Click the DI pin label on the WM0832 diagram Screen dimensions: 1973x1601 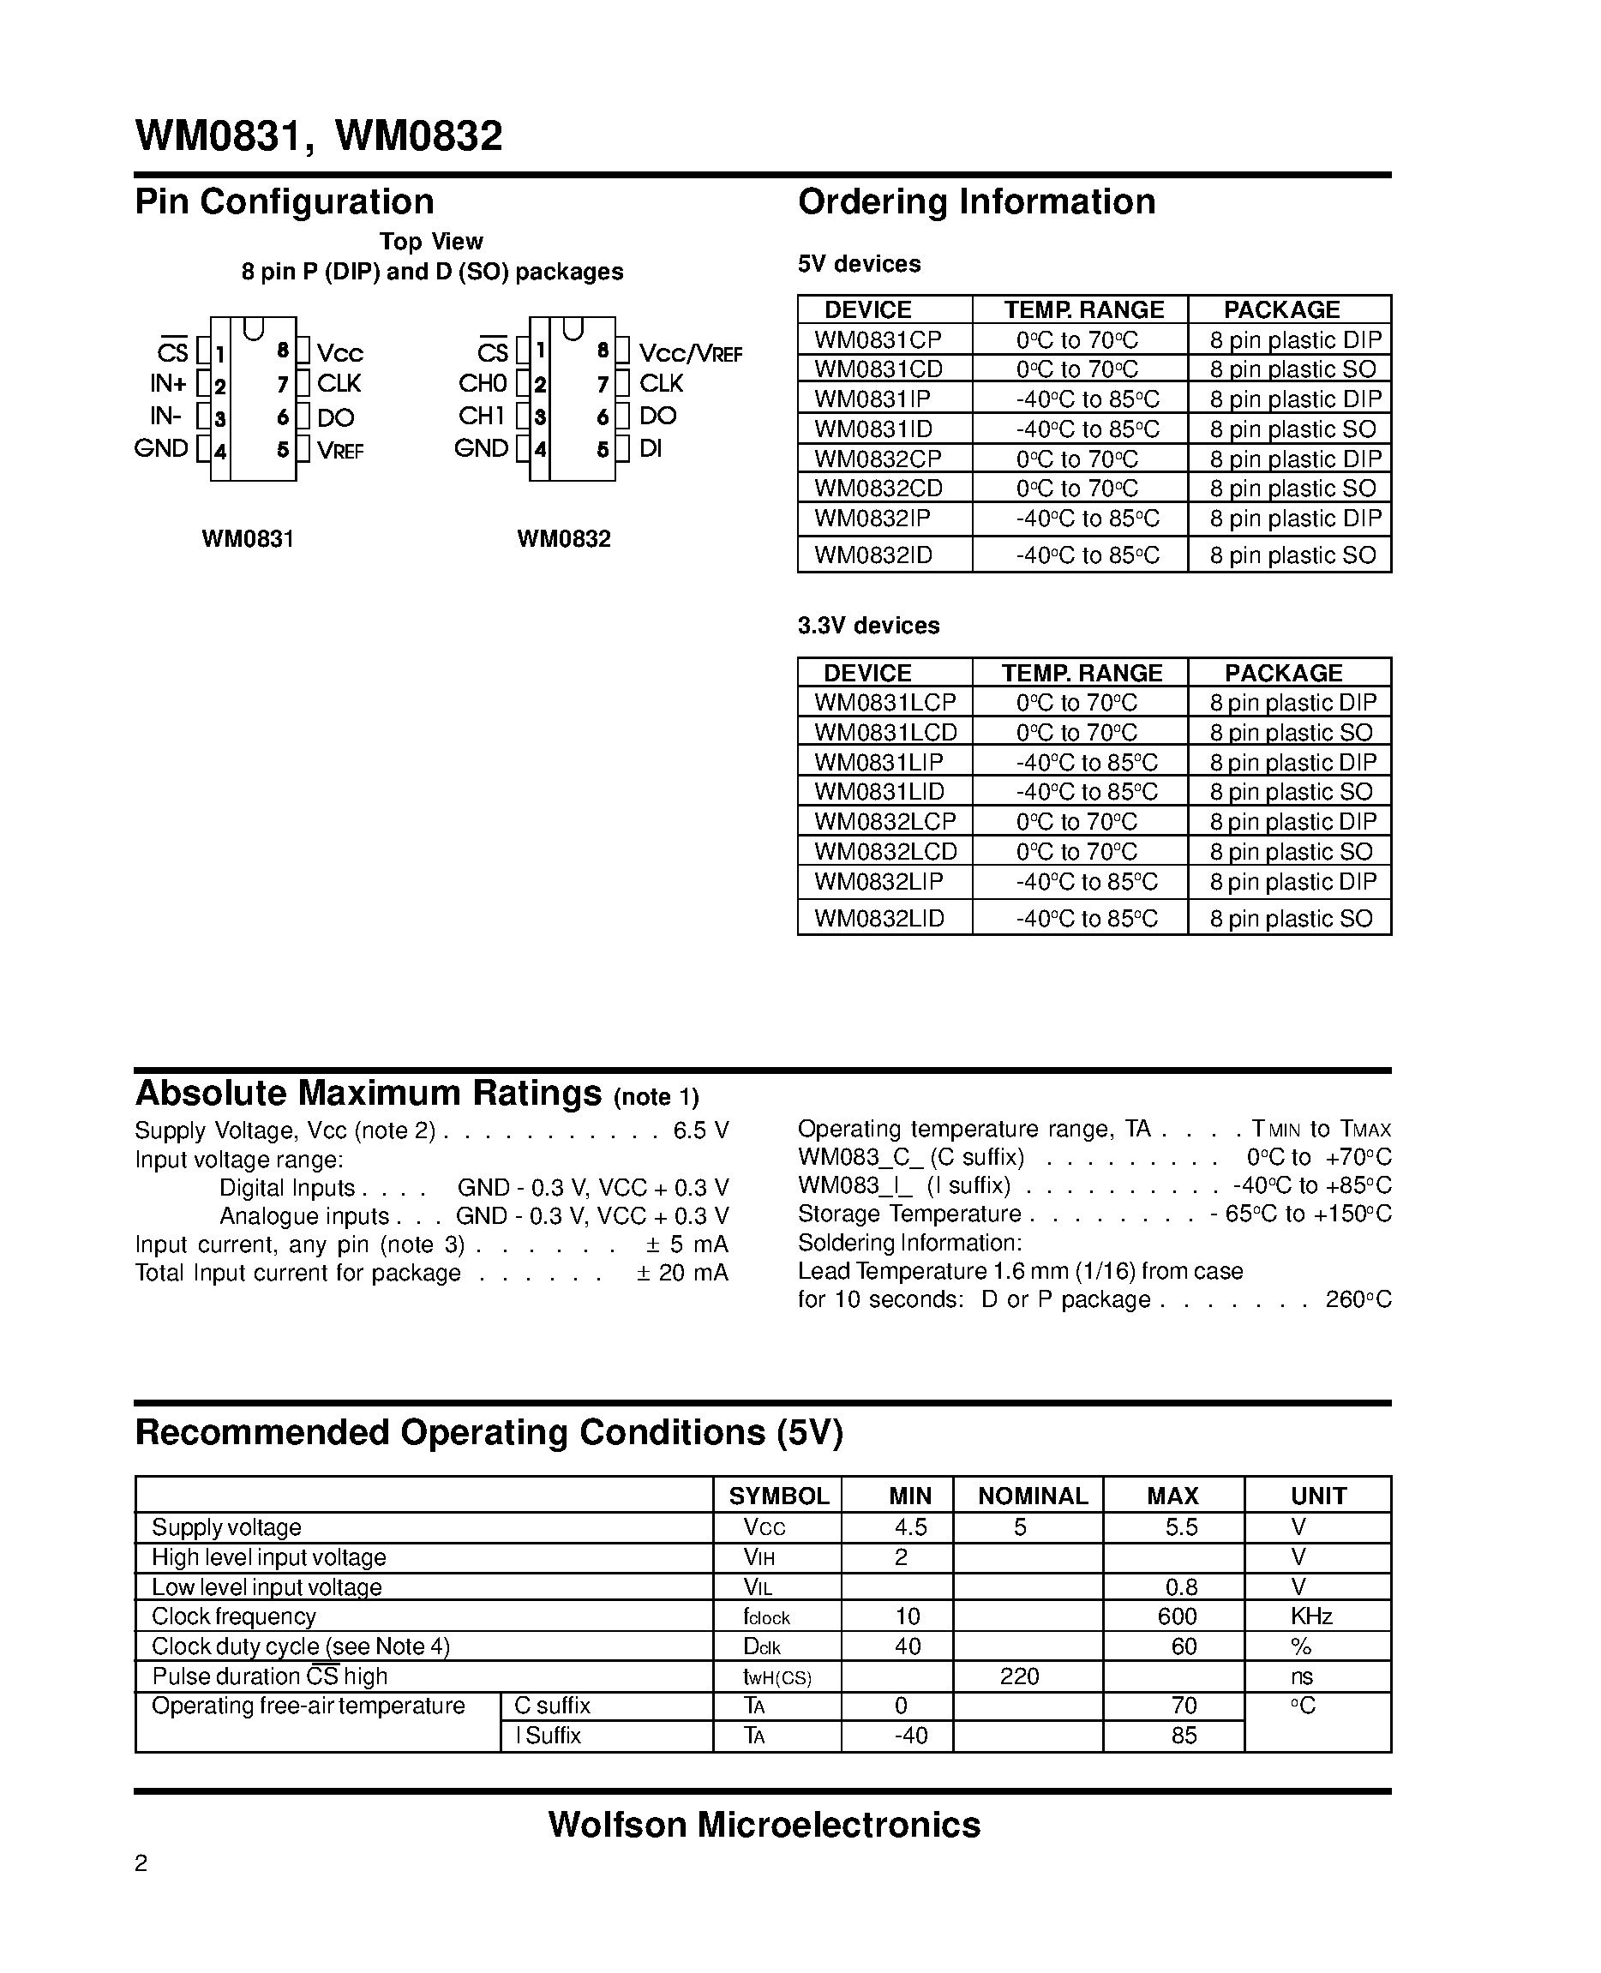pos(651,449)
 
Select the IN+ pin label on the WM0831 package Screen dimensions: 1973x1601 pos(168,384)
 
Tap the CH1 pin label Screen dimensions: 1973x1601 pos(482,416)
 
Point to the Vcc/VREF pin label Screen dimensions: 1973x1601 pos(690,353)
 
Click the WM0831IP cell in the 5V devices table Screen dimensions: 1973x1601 pos(872,399)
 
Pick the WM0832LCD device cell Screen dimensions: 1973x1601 pos(885,851)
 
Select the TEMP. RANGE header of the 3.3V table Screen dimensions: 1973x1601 pos(1082,674)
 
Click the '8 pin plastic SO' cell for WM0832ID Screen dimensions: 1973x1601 pos(1292,555)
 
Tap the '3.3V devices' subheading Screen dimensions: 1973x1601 pos(868,626)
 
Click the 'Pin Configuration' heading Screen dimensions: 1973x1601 pos(284,202)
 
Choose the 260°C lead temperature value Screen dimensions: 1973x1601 pos(1358,1299)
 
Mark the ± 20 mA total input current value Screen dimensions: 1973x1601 pos(681,1273)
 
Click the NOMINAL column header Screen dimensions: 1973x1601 pos(1032,1496)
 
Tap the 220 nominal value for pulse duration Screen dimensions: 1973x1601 pos(1019,1676)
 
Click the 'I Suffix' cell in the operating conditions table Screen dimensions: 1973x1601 pos(549,1735)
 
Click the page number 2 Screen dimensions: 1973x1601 pos(141,1863)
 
